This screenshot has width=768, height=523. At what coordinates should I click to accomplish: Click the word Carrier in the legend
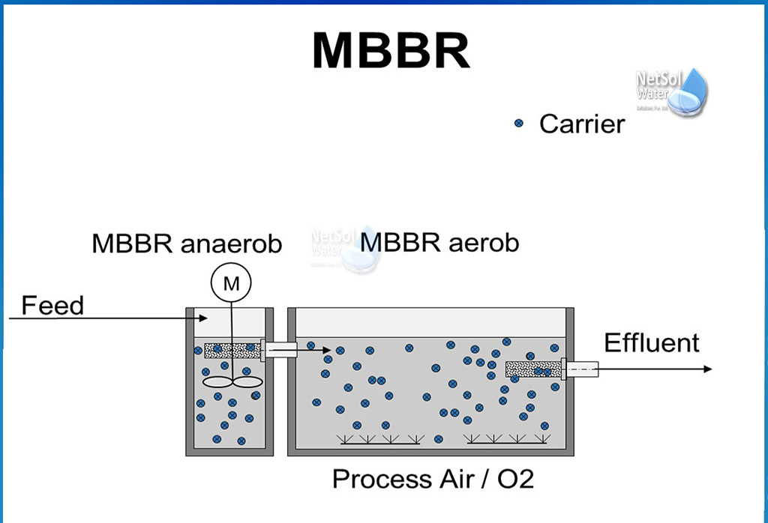[x=581, y=124]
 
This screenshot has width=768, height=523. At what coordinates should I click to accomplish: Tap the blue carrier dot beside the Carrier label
[x=518, y=124]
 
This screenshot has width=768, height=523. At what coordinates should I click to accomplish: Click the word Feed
[x=52, y=306]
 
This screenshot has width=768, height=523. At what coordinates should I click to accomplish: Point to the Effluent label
[x=651, y=343]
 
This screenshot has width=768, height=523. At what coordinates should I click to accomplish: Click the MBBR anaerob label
[x=187, y=244]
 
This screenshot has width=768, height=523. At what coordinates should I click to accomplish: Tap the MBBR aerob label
[x=439, y=244]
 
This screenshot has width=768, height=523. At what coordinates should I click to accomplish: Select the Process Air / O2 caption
[x=433, y=479]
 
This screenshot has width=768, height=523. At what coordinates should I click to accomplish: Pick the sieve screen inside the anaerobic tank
[x=232, y=350]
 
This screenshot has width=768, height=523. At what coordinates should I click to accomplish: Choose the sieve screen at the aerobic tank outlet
[x=533, y=369]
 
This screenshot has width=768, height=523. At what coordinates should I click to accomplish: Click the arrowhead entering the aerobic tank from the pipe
[x=326, y=350]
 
